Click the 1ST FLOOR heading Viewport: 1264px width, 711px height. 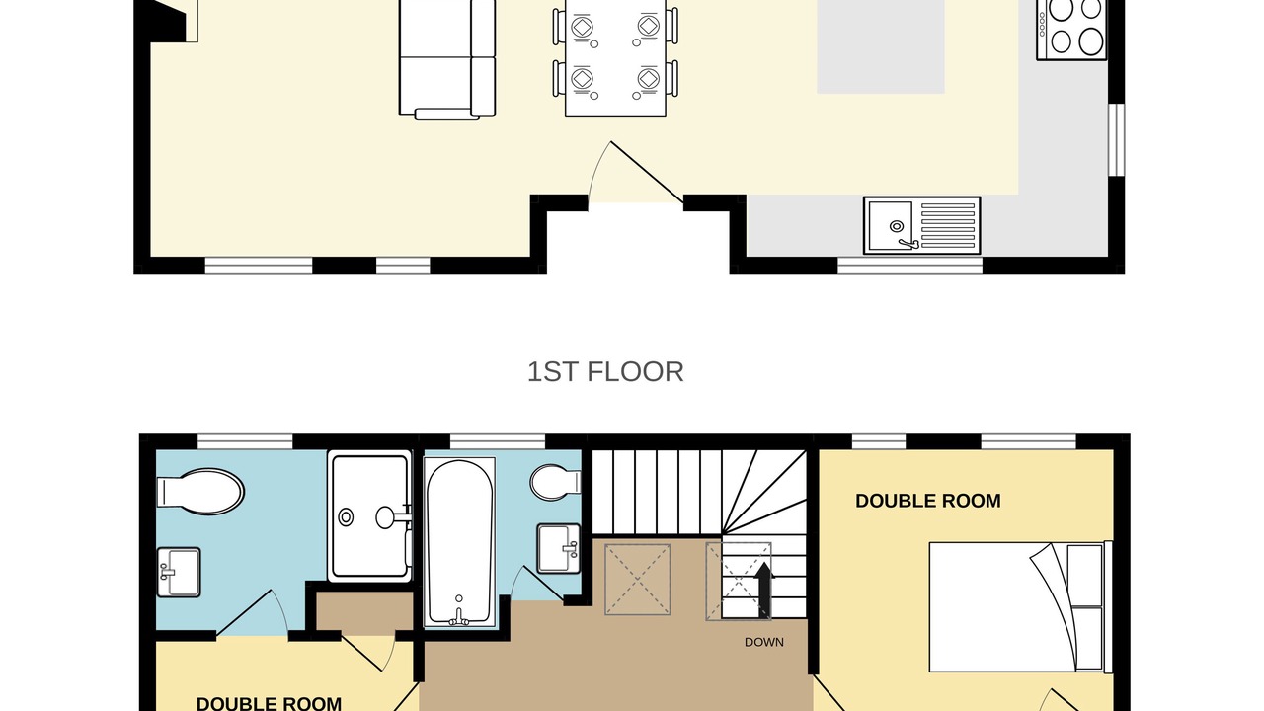click(605, 372)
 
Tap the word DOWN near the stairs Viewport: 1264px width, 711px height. click(764, 642)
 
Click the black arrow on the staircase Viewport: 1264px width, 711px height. click(764, 590)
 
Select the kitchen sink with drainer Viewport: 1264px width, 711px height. click(922, 225)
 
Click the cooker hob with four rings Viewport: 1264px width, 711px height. click(1071, 30)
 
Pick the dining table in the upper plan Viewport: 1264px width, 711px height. click(615, 57)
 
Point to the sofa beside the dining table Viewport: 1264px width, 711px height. click(447, 59)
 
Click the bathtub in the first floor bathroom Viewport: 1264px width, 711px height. click(459, 542)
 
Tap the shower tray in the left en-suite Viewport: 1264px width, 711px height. click(369, 515)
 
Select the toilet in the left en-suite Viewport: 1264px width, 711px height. click(200, 491)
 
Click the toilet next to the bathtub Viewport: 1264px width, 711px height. click(555, 483)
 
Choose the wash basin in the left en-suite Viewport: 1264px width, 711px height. click(179, 572)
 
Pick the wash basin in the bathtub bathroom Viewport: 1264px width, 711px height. click(559, 548)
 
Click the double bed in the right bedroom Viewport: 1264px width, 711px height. click(1021, 607)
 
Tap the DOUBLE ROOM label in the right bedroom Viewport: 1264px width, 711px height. click(928, 501)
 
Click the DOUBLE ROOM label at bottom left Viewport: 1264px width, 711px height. click(270, 704)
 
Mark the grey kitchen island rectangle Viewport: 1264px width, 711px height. click(881, 46)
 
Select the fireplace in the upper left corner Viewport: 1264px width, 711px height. click(169, 21)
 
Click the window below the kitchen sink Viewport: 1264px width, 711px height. click(909, 266)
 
